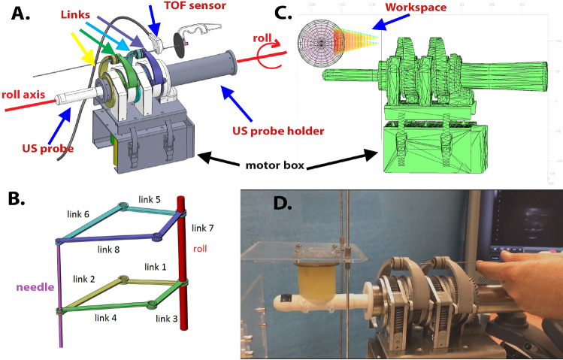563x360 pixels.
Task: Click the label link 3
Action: (x=167, y=319)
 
